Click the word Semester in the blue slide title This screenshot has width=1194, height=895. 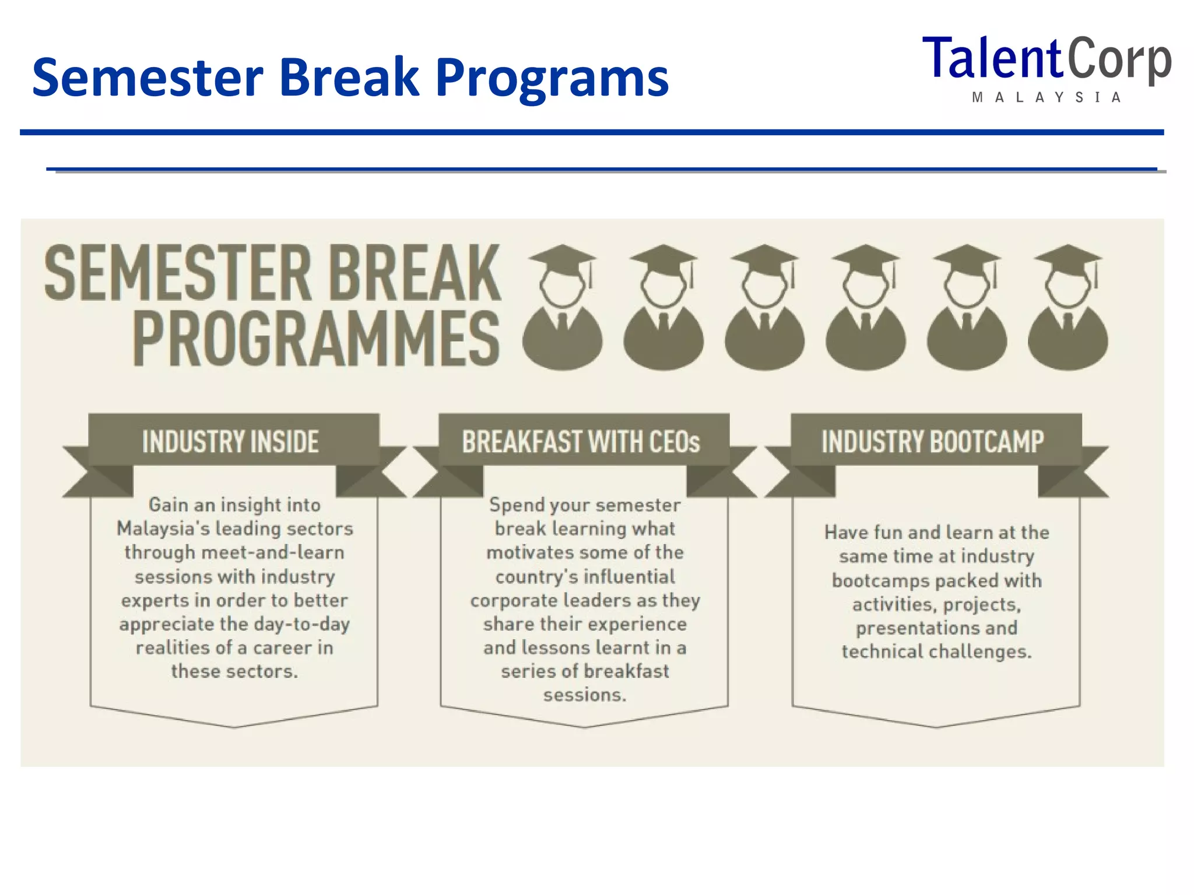point(148,77)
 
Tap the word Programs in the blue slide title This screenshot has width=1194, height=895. point(552,77)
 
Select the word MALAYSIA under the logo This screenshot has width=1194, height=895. point(1046,98)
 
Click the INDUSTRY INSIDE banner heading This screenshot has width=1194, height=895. point(231,442)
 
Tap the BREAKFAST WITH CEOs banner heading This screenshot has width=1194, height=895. point(581,442)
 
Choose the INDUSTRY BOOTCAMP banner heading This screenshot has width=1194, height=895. point(932,442)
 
